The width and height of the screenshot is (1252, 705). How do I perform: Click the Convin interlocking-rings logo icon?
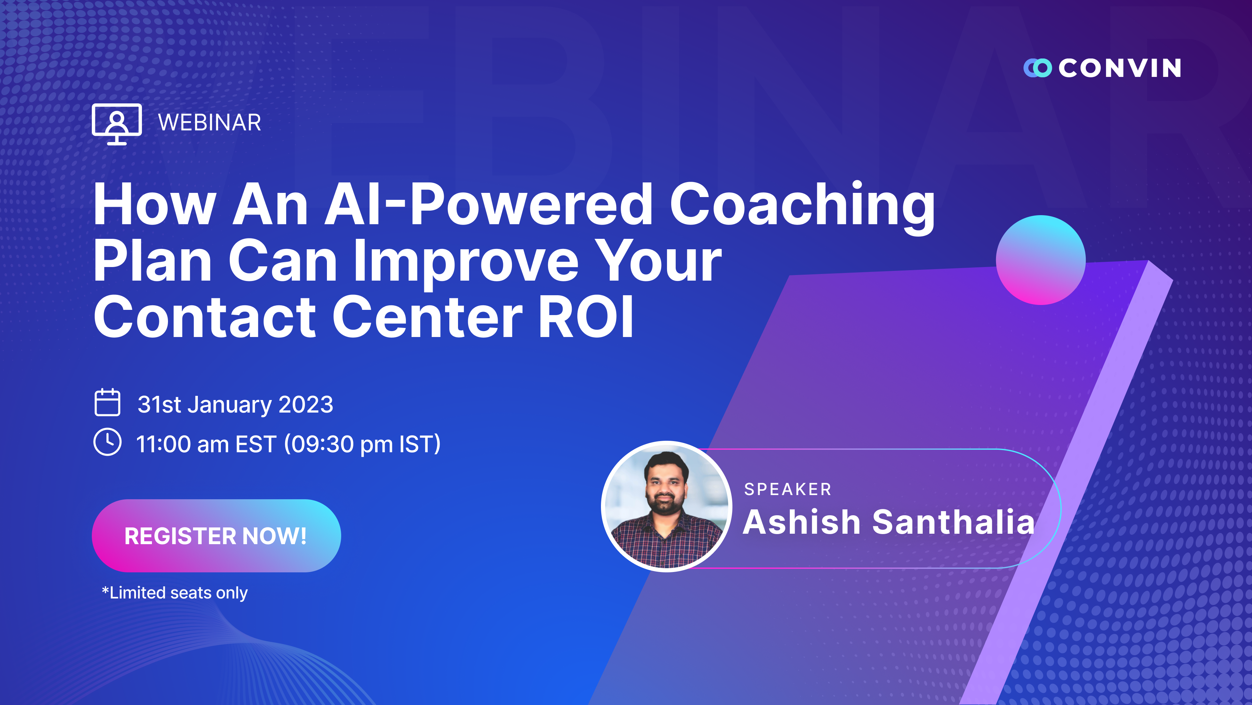point(1037,68)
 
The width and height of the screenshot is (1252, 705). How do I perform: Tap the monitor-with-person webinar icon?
point(117,124)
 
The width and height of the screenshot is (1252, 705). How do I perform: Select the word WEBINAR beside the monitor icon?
point(209,123)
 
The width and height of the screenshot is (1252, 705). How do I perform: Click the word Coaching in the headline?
point(802,206)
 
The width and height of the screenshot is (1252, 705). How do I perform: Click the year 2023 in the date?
point(306,404)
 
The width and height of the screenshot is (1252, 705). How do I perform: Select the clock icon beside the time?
point(107,442)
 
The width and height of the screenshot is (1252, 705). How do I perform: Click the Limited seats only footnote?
point(175,593)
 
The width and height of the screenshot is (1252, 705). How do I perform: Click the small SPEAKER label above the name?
point(788,489)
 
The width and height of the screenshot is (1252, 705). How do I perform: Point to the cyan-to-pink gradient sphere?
point(1041,260)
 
